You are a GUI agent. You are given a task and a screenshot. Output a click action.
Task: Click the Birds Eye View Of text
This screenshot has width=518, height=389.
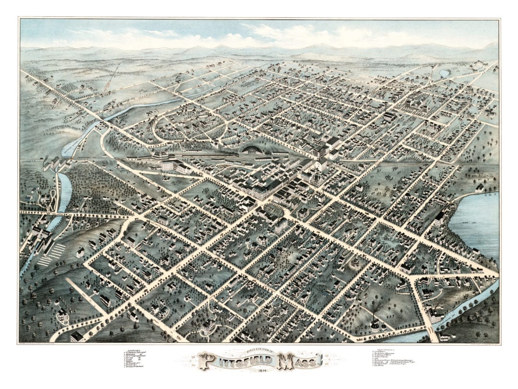tap(259, 352)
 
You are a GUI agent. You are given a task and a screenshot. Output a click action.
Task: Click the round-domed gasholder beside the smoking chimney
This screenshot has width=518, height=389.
tap(375, 327)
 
